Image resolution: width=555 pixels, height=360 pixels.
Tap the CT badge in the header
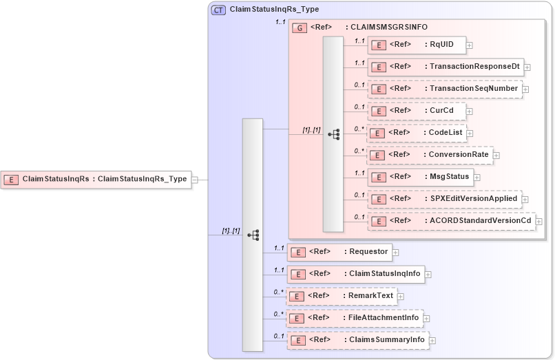(218, 10)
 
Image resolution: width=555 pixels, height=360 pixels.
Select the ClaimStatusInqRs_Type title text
(274, 10)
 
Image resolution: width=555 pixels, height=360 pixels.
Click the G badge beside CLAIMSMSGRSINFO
(300, 28)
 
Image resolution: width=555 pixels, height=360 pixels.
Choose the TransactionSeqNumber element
(444, 89)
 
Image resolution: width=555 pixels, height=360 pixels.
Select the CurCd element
(417, 110)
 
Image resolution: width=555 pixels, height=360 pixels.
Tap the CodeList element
(416, 132)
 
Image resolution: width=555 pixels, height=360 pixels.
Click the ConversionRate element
(430, 155)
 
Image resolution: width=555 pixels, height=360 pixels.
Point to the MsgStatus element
(419, 177)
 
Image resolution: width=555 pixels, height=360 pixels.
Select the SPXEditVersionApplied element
(443, 199)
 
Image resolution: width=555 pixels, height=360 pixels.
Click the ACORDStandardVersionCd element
(451, 221)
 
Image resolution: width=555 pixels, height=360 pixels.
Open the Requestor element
(339, 252)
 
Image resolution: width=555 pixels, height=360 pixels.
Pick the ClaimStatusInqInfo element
(355, 274)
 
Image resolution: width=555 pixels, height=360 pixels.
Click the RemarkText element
(342, 296)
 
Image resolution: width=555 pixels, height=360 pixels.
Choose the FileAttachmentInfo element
(354, 318)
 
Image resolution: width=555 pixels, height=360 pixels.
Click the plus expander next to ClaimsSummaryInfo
(433, 341)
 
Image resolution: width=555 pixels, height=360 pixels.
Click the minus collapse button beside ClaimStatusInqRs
(195, 180)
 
